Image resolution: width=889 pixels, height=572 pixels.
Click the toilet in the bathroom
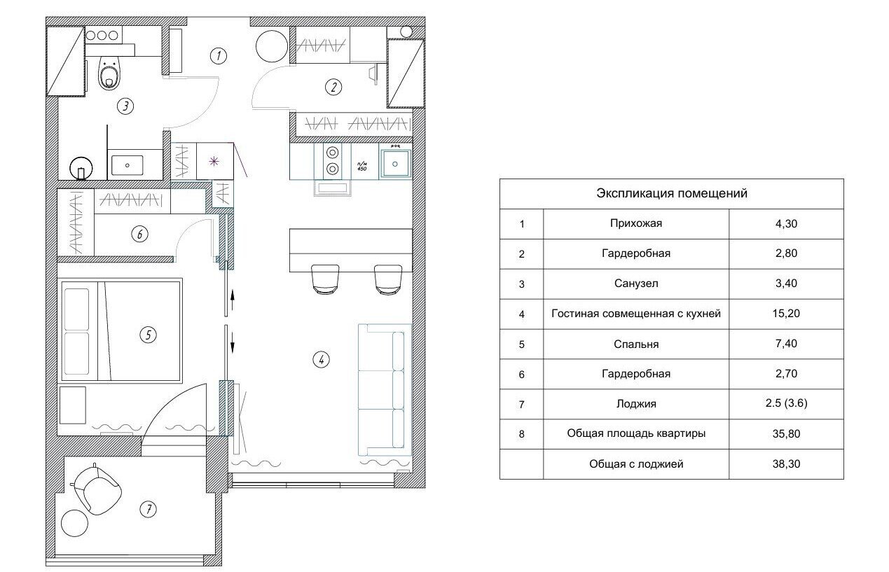[x=109, y=73]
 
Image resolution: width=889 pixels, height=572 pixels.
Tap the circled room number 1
[x=219, y=56]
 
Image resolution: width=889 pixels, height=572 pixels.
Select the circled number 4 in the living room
[x=321, y=360]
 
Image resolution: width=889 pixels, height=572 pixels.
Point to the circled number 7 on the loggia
[x=149, y=509]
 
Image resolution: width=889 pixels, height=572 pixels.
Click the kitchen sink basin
[x=395, y=164]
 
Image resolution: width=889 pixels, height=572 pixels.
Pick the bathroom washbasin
[x=127, y=165]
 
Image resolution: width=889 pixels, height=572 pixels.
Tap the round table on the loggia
[x=74, y=524]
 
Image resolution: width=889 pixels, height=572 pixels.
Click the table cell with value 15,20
[x=786, y=314]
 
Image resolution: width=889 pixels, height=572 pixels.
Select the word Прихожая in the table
[x=636, y=223]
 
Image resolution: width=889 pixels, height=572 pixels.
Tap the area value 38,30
[x=786, y=463]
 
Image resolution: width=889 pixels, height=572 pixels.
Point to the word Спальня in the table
[x=636, y=344]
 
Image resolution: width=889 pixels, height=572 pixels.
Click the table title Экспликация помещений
[x=672, y=193]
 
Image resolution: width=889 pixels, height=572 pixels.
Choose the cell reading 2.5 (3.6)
[x=786, y=403]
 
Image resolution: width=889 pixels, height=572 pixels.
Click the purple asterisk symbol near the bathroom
[x=214, y=162]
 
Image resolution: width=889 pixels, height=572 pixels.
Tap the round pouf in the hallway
[x=271, y=47]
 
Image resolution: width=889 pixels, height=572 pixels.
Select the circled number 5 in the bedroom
[x=148, y=335]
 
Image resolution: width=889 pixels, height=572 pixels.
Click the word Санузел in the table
[x=636, y=284]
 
